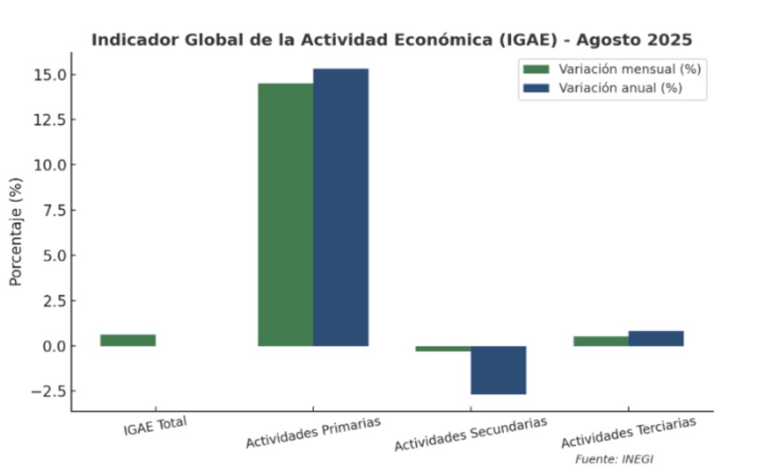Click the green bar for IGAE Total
[x=128, y=340]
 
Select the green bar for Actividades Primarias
[x=286, y=214]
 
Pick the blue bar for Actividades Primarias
[x=341, y=207]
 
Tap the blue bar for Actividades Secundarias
[x=499, y=370]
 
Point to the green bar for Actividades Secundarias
[x=443, y=348]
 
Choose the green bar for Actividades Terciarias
[x=601, y=341]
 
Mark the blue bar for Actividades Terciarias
[x=656, y=338]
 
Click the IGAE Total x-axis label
[x=155, y=426]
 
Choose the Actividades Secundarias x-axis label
[x=470, y=434]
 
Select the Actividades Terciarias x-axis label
[x=629, y=432]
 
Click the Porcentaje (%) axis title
[x=16, y=230]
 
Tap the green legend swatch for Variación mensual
[x=536, y=69]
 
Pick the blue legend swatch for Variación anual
[x=536, y=88]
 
